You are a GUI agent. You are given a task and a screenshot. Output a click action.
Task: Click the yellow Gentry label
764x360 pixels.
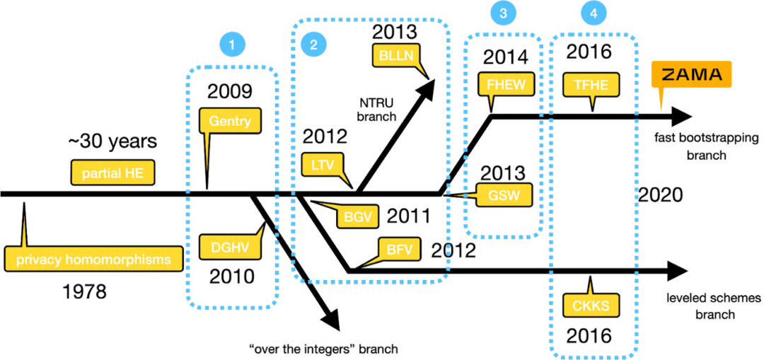point(230,121)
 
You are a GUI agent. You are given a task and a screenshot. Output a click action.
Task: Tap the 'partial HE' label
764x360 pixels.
point(114,173)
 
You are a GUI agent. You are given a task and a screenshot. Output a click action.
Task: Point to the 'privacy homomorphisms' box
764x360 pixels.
point(93,260)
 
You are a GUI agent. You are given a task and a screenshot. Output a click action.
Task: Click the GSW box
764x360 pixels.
point(502,195)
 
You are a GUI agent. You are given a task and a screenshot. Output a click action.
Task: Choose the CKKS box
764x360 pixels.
point(591,306)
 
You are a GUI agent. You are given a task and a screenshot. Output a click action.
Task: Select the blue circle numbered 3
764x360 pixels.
point(503,13)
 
